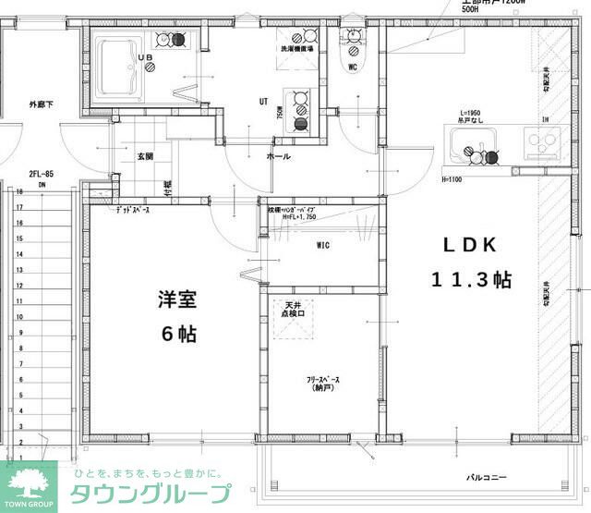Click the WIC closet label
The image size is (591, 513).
pyautogui.click(x=322, y=246)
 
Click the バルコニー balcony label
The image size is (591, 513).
pyautogui.click(x=486, y=477)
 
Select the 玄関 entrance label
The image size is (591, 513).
pyautogui.click(x=146, y=155)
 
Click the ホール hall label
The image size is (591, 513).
pyautogui.click(x=278, y=157)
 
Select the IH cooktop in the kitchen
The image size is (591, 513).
pyautogui.click(x=541, y=141)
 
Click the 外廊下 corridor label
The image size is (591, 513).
pyautogui.click(x=41, y=104)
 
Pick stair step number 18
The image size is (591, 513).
pyautogui.click(x=18, y=192)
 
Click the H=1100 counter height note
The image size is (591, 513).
pyautogui.click(x=452, y=179)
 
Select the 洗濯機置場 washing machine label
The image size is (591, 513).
pyautogui.click(x=296, y=48)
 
